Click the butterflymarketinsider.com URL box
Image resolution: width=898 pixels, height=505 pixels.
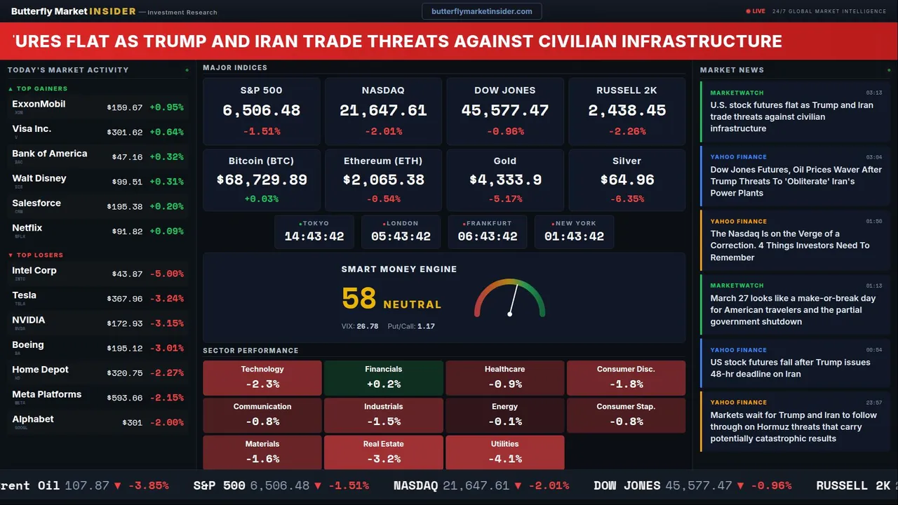pos(481,11)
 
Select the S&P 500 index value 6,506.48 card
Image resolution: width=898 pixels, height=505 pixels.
pos(261,111)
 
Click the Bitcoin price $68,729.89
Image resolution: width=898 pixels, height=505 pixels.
pos(262,180)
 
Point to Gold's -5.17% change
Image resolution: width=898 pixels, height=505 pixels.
pos(504,199)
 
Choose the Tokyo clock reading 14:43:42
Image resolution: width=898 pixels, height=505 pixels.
pos(314,236)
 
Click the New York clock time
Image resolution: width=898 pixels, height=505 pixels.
pos(574,236)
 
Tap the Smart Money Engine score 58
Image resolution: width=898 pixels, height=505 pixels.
pos(359,299)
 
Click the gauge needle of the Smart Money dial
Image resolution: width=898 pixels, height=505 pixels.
pos(513,299)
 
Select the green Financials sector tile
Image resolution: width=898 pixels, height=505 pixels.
pos(383,378)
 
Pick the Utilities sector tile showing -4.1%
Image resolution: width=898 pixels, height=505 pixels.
pos(504,452)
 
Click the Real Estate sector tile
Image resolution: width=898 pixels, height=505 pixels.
pos(383,452)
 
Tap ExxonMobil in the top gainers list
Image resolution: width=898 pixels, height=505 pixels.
pos(39,105)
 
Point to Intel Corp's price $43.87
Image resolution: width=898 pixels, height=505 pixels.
pos(127,274)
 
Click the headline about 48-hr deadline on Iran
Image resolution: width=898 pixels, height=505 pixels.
pos(789,368)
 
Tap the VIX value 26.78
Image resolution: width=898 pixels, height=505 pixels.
pos(367,326)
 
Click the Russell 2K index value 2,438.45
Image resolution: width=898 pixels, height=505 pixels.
pos(626,111)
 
